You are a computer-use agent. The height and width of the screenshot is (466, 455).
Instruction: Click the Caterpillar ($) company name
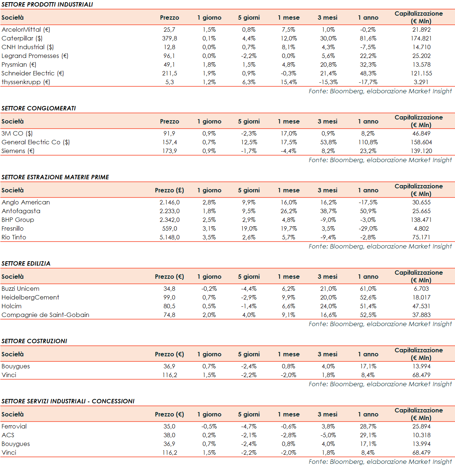pyautogui.click(x=22, y=38)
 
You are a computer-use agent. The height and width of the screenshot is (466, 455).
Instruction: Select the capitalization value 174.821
pyautogui.click(x=421, y=38)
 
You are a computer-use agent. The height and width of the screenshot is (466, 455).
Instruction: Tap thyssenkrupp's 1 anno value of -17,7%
pyautogui.click(x=368, y=82)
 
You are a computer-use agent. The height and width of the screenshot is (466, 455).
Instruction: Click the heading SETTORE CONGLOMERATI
pyautogui.click(x=39, y=108)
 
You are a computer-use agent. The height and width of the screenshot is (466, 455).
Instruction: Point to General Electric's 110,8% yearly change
pyautogui.click(x=368, y=142)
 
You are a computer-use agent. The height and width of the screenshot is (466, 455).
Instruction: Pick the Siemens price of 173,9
pyautogui.click(x=169, y=151)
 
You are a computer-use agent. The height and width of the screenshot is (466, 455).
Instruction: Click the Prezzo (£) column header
pyautogui.click(x=169, y=190)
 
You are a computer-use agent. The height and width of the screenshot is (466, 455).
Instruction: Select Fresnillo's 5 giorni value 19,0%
pyautogui.click(x=249, y=228)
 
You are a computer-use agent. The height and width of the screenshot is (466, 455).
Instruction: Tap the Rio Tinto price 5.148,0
pyautogui.click(x=169, y=237)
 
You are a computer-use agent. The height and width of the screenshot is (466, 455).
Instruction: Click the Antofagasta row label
pyautogui.click(x=21, y=211)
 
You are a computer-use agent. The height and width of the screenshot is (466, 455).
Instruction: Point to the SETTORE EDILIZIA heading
pyautogui.click(x=26, y=263)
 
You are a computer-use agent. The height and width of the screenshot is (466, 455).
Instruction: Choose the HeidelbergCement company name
pyautogui.click(x=30, y=297)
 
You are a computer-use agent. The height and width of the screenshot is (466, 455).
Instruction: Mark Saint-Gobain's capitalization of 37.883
pyautogui.click(x=421, y=315)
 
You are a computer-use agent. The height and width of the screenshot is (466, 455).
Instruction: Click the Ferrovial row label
pyautogui.click(x=14, y=426)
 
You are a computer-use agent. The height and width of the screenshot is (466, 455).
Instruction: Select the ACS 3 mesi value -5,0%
pyautogui.click(x=328, y=435)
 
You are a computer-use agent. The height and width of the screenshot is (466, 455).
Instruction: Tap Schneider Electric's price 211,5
pyautogui.click(x=169, y=73)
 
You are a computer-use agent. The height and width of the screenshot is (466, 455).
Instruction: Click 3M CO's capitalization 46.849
pyautogui.click(x=421, y=133)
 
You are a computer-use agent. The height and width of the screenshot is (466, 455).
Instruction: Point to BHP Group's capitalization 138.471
pyautogui.click(x=421, y=220)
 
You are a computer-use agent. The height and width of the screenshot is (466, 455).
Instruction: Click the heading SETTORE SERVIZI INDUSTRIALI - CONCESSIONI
pyautogui.click(x=68, y=401)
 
